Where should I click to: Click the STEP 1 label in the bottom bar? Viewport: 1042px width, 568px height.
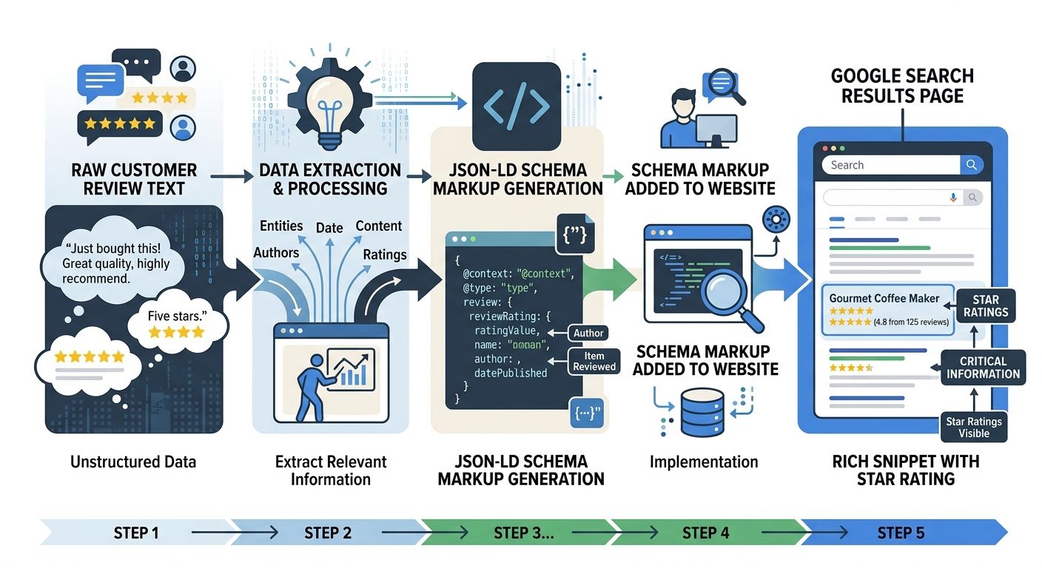[x=136, y=532]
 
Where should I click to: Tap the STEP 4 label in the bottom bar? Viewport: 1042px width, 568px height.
[x=705, y=532]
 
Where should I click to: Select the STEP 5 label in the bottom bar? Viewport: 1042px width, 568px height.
[x=901, y=532]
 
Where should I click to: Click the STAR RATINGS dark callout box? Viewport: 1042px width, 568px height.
[x=986, y=305]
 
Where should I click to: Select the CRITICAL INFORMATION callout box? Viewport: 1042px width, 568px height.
[x=983, y=368]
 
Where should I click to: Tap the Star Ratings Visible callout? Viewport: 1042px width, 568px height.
[x=973, y=427]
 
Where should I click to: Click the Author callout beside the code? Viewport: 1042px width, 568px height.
[x=588, y=333]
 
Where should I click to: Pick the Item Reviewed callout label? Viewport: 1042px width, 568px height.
[x=594, y=361]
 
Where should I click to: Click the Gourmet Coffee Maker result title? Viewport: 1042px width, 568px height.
[x=884, y=298]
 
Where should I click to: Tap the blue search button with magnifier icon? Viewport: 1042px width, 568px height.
[x=971, y=165]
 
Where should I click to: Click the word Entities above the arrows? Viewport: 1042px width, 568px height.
[x=281, y=226]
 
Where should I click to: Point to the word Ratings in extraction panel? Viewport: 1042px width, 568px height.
[x=385, y=254]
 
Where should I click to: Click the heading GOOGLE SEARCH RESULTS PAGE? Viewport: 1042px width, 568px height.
[x=901, y=86]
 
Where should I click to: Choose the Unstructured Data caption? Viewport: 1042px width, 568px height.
[x=133, y=462]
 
